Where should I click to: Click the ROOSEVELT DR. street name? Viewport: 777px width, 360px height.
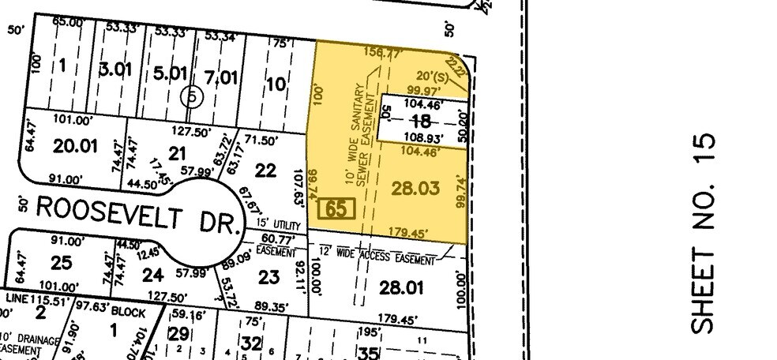click(x=138, y=212)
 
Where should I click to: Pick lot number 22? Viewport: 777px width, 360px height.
click(x=266, y=170)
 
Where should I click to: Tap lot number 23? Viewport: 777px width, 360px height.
click(x=268, y=277)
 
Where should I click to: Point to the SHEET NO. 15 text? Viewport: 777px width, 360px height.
click(x=706, y=233)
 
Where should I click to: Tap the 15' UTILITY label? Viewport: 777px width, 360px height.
click(x=270, y=226)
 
